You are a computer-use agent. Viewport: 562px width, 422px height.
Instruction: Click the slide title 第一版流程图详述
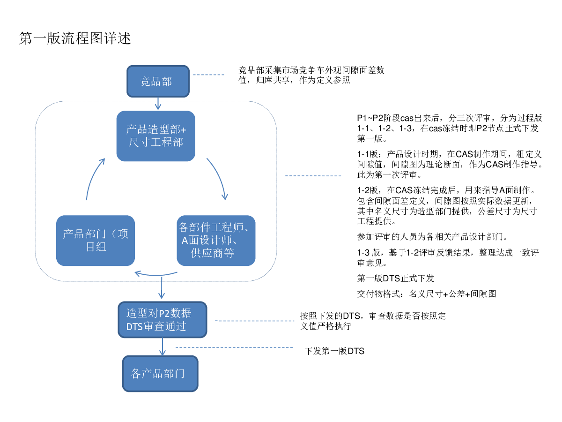(75, 38)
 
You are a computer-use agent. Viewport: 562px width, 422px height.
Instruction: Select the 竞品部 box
(158, 81)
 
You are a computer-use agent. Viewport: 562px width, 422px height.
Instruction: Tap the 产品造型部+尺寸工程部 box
(155, 136)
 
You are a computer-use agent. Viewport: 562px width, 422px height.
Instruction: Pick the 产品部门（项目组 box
(95, 241)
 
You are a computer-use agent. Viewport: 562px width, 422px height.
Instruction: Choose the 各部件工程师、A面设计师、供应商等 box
(216, 241)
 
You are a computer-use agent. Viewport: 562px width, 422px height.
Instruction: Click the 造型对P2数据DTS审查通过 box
(162, 319)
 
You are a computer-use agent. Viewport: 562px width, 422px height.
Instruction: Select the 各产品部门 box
(160, 373)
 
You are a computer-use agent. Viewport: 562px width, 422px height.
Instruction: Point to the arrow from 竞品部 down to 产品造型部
(158, 104)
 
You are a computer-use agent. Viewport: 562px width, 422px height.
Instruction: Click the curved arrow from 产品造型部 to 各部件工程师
(218, 177)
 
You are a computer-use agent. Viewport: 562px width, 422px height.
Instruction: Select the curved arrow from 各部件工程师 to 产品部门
(155, 275)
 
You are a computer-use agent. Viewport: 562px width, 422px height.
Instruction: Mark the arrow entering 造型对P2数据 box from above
(161, 288)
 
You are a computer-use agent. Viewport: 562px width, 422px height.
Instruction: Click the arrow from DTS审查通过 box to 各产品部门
(163, 347)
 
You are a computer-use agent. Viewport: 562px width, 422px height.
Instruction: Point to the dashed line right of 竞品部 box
(208, 75)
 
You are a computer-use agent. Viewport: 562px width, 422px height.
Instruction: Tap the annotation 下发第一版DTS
(334, 351)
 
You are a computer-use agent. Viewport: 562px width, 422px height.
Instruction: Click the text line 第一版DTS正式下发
(395, 278)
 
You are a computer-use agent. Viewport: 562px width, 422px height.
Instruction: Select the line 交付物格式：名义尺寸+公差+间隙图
(427, 294)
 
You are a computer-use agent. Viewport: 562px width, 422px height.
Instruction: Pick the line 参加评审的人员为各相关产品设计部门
(432, 236)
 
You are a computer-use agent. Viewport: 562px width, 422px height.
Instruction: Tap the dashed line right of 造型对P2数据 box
(254, 321)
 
